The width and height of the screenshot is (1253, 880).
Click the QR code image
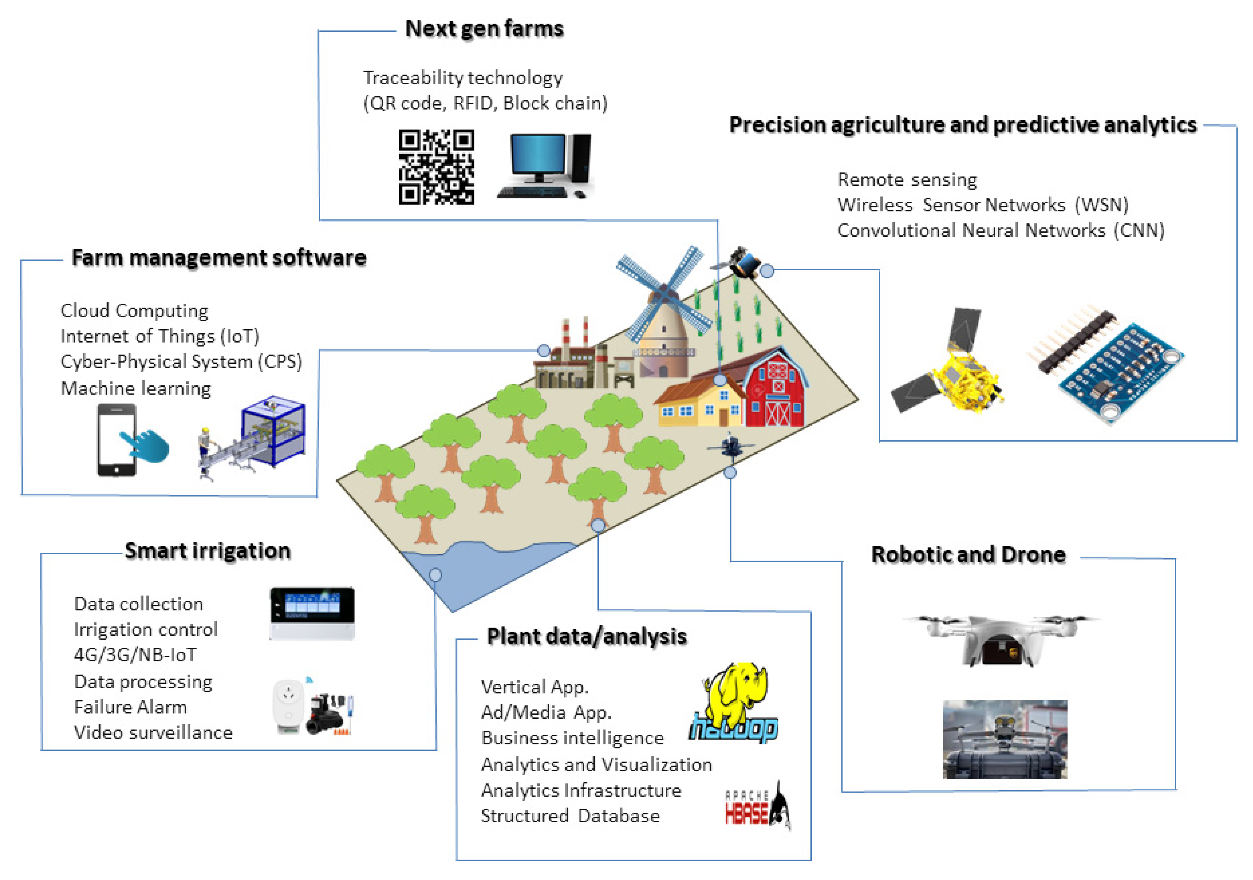[436, 167]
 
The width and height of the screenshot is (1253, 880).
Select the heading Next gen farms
[484, 28]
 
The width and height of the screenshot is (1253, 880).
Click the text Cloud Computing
[134, 311]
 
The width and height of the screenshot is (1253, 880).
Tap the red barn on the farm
[775, 390]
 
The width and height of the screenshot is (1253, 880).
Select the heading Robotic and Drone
[968, 554]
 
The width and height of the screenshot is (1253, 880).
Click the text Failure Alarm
[131, 707]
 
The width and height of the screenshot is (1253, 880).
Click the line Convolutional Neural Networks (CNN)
[1001, 230]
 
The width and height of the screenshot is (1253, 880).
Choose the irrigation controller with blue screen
[312, 612]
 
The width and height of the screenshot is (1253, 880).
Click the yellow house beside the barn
[699, 404]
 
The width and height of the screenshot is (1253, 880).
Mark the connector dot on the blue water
[435, 575]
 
